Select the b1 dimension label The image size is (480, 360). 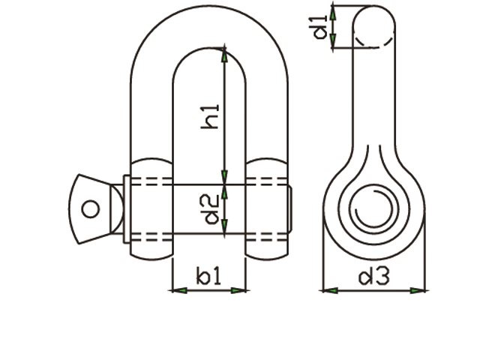(209, 277)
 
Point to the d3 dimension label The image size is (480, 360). (373, 277)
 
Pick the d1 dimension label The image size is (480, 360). (320, 27)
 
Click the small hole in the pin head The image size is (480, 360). (91, 208)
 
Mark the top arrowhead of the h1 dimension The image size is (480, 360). (223, 52)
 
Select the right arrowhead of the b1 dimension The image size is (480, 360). (239, 289)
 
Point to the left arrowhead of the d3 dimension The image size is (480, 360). (327, 289)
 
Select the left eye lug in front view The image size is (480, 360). (151, 208)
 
